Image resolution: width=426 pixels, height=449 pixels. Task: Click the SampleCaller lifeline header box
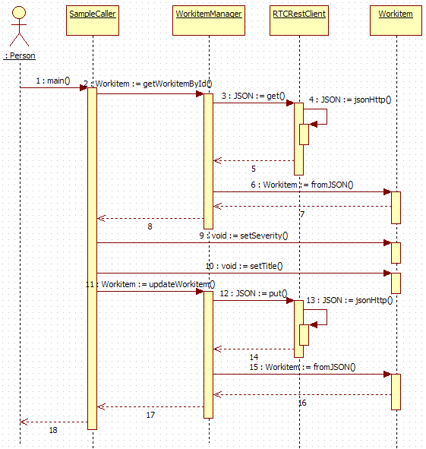(93, 21)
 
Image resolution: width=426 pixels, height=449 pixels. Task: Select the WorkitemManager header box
(209, 21)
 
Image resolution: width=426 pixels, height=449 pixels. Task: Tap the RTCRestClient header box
(299, 21)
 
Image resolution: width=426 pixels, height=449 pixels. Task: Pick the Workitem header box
(396, 21)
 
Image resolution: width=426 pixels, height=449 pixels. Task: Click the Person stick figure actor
(19, 27)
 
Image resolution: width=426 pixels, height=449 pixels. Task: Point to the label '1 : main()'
(53, 81)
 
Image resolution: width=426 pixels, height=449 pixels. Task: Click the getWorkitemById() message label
(148, 84)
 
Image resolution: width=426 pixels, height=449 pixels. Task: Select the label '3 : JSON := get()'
(253, 96)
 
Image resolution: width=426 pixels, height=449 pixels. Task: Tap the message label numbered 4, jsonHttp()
(350, 100)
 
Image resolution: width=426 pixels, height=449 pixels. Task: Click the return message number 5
(254, 169)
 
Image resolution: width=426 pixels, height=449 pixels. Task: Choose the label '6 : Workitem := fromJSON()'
(302, 185)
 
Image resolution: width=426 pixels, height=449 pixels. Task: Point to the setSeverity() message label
(244, 236)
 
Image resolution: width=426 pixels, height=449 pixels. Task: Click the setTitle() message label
(245, 266)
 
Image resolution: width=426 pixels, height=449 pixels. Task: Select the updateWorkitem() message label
(150, 284)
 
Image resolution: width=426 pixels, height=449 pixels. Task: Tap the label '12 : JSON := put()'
(254, 293)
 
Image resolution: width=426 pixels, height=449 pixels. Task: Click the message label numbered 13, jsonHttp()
(349, 300)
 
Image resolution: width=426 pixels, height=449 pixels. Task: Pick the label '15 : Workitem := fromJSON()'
(303, 367)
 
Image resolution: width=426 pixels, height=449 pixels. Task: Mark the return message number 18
(53, 430)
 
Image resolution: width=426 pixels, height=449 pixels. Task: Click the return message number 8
(150, 226)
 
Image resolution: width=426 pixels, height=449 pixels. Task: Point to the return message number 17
(150, 415)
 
